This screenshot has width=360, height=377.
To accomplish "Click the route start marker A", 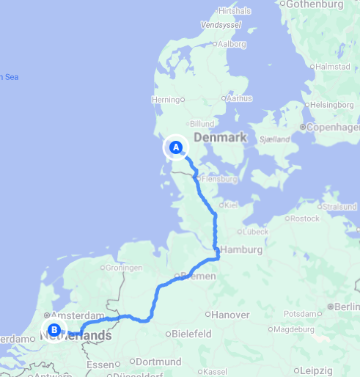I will [x=175, y=147].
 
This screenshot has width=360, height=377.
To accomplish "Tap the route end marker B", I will [x=54, y=329].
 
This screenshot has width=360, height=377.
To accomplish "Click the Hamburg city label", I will [x=243, y=250].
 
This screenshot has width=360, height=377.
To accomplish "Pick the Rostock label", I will [x=304, y=219].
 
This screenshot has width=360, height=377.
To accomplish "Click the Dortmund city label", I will [x=158, y=362].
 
